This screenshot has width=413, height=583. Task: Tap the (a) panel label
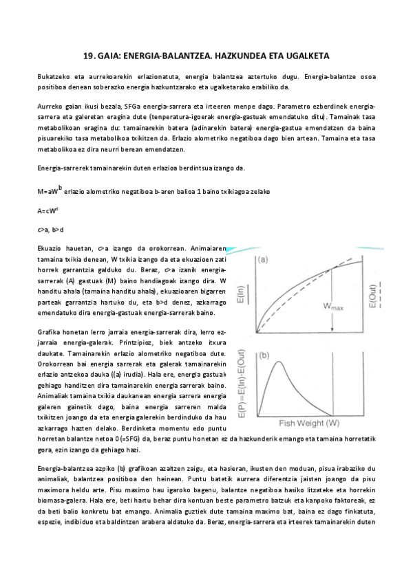(264, 260)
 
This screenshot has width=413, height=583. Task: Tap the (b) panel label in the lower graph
(264, 356)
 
